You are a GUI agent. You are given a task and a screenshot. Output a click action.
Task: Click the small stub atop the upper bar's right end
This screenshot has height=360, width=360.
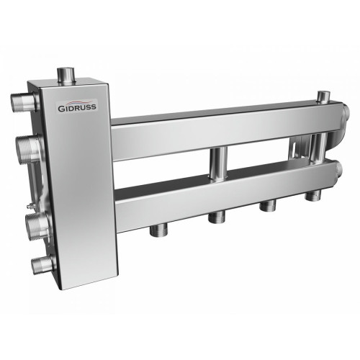pyautogui.click(x=325, y=96)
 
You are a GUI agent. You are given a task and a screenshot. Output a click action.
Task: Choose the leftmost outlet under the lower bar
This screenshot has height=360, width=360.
pyautogui.click(x=156, y=230)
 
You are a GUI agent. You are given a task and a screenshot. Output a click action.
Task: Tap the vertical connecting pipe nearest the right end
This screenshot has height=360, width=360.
pyautogui.click(x=318, y=150)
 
